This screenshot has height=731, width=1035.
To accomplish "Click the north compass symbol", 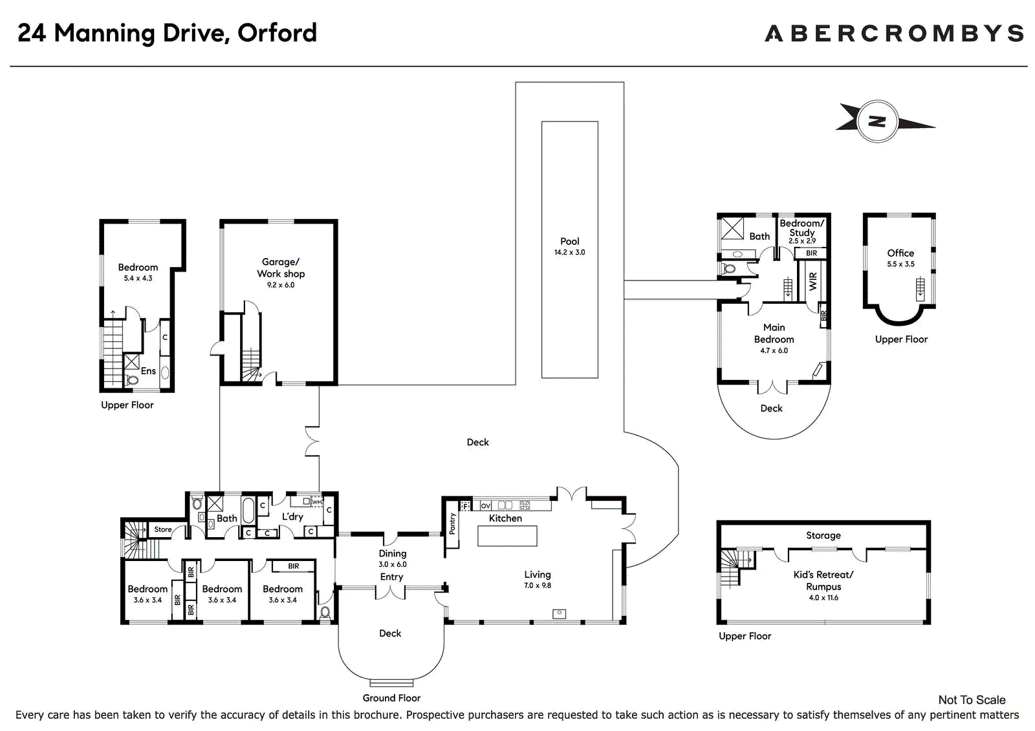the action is pyautogui.click(x=877, y=122).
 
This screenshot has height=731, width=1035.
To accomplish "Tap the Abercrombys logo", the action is pyautogui.click(x=895, y=33).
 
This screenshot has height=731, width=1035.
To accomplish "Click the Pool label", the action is pyautogui.click(x=570, y=241).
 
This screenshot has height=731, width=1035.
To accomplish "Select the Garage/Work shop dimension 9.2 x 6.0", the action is pyautogui.click(x=281, y=285).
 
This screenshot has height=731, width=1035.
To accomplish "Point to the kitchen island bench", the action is pyautogui.click(x=507, y=536).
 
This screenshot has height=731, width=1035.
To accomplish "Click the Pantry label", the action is pyautogui.click(x=452, y=524).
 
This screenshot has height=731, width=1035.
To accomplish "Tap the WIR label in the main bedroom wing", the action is pyautogui.click(x=813, y=281).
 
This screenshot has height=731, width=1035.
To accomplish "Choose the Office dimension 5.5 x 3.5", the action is pyautogui.click(x=900, y=264).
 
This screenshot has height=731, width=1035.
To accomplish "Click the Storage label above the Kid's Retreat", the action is pyautogui.click(x=823, y=535).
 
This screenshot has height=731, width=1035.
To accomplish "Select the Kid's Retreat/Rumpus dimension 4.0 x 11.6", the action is pyautogui.click(x=823, y=598).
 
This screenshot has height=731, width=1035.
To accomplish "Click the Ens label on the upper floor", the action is pyautogui.click(x=148, y=371).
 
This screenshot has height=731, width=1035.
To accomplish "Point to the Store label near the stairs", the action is pyautogui.click(x=162, y=529).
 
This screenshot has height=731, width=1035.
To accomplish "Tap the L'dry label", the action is pyautogui.click(x=292, y=516).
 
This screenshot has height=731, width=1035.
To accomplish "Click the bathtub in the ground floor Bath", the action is pyautogui.click(x=248, y=510).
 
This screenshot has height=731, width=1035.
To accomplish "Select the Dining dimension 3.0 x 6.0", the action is pyautogui.click(x=392, y=564).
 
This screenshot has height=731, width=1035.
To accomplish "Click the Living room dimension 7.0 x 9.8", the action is pyautogui.click(x=538, y=586).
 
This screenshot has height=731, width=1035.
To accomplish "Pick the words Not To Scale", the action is pyautogui.click(x=972, y=699).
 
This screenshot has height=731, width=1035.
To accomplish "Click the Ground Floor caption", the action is pyautogui.click(x=391, y=698).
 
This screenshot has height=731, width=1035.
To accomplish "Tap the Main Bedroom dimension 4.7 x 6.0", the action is pyautogui.click(x=774, y=350).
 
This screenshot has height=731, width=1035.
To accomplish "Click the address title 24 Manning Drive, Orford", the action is pyautogui.click(x=168, y=33).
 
